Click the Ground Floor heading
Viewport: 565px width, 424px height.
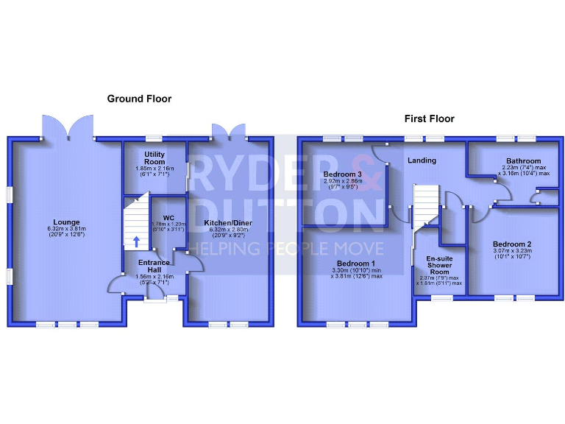139,99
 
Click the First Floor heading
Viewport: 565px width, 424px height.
429,119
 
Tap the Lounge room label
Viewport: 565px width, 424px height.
66,222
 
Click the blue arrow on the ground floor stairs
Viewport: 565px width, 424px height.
136,241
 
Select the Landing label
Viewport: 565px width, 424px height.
422,160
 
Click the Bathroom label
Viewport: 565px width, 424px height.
523,161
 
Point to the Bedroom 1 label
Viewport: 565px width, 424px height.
356,264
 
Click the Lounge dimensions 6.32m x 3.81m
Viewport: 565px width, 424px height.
66,229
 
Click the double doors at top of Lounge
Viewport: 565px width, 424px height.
68,127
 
